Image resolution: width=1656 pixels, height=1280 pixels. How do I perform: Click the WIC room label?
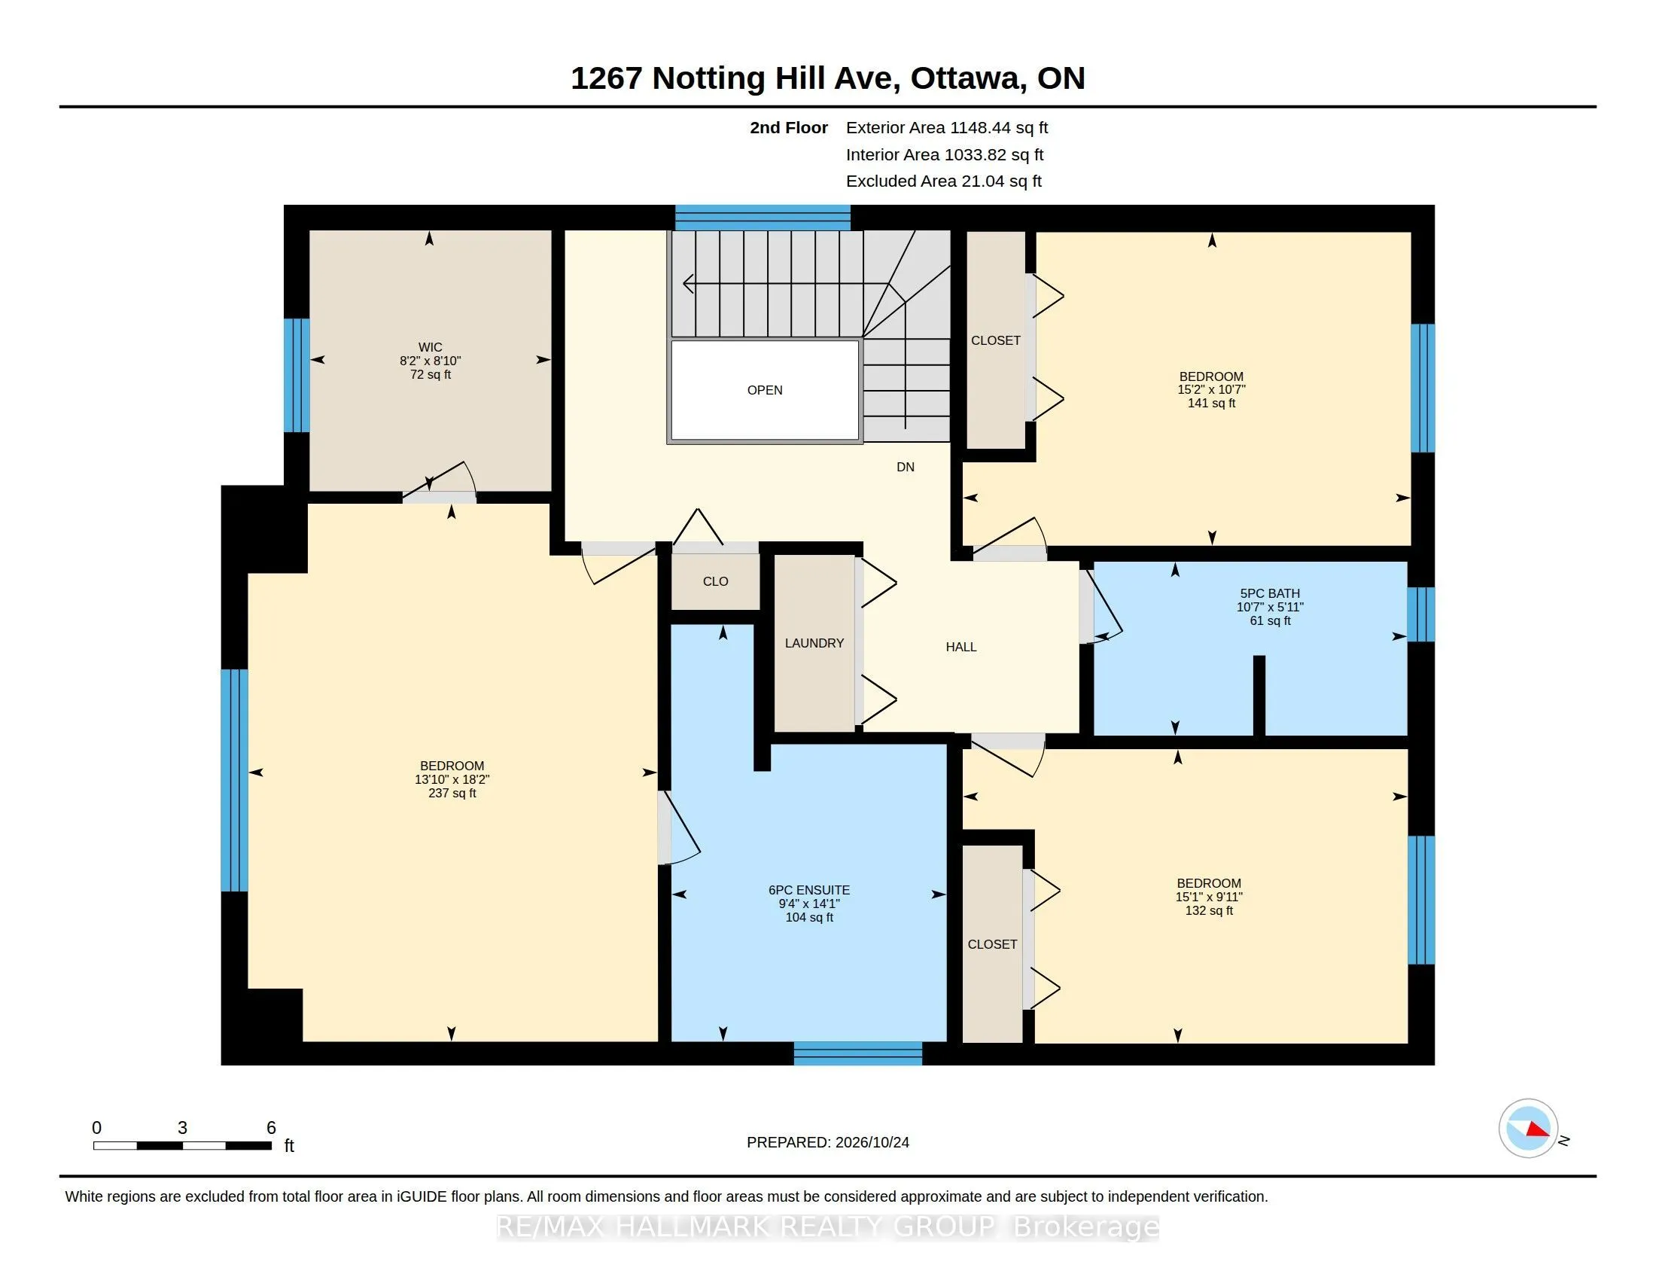pos(430,347)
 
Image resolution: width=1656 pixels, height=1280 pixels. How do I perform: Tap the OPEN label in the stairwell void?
pos(764,390)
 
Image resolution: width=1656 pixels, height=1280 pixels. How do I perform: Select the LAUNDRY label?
pos(814,643)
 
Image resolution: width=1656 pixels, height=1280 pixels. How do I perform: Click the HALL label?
pos(960,647)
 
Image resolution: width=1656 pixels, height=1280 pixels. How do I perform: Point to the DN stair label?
pos(906,467)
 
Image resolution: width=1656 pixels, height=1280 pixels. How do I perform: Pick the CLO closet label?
pos(715,581)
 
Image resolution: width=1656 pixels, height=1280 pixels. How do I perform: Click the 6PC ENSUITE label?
pos(809,890)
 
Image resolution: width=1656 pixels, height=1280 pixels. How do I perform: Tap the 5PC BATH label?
pos(1270,594)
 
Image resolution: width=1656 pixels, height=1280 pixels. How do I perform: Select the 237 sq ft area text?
pos(452,793)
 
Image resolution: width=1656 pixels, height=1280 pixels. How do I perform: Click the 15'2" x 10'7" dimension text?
pos(1211,390)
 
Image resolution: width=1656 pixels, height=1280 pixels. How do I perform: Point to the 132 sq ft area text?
pos(1209,910)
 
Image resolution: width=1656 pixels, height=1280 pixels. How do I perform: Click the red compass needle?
pos(1538,1129)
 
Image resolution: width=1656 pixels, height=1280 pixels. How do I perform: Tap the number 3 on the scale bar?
pos(182,1128)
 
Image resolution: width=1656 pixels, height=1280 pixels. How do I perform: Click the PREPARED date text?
pos(828,1142)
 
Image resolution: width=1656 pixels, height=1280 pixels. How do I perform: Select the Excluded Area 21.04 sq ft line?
pos(944,181)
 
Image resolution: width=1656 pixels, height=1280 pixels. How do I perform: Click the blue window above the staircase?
pos(763,218)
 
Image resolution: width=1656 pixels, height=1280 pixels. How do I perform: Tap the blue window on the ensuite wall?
pos(857,1053)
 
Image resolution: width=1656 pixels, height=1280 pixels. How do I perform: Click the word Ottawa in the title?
pos(967,79)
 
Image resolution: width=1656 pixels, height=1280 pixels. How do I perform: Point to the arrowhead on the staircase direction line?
pos(689,284)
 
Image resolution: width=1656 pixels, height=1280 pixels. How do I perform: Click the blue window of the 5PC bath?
pos(1421,614)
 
